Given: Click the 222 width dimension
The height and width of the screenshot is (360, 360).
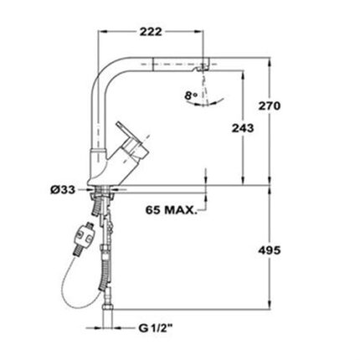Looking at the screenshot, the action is [151, 32].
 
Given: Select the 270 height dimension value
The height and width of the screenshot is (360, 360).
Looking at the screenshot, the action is [270, 105].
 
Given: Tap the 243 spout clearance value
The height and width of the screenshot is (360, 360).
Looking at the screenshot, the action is [243, 128].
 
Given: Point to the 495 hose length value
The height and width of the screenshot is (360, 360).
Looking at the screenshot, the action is [270, 250].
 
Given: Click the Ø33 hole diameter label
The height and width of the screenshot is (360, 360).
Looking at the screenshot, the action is [63, 190].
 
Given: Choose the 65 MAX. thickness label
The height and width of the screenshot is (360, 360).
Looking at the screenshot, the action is [171, 210].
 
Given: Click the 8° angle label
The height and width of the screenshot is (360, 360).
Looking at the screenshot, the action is [191, 95].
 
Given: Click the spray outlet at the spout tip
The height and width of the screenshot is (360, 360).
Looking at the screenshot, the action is [202, 67].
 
